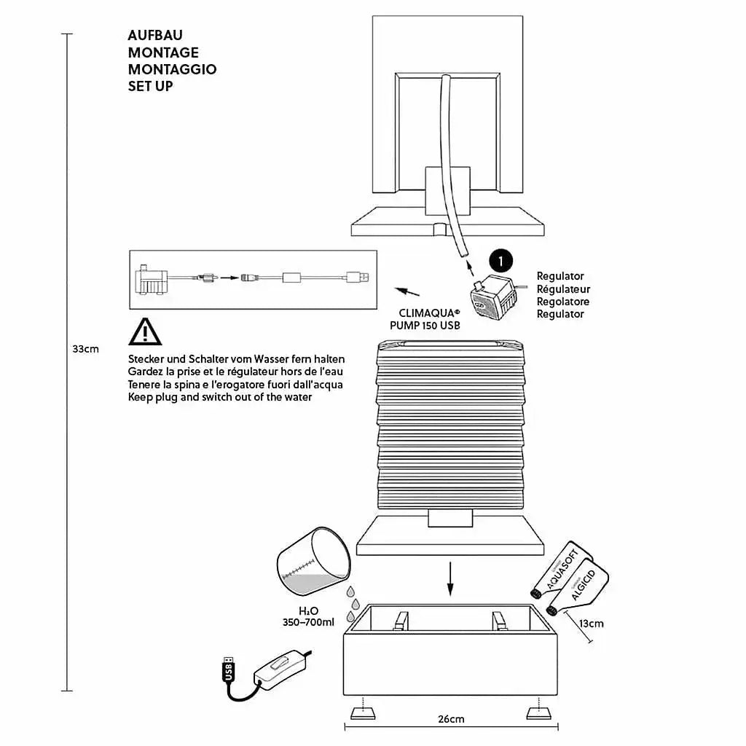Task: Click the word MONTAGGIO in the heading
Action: point(172,69)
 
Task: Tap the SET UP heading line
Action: point(150,86)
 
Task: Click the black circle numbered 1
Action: point(500,260)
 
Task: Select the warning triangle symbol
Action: point(145,331)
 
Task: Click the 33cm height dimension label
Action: point(85,349)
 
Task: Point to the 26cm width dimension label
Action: point(451,719)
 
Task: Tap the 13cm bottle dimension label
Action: point(592,624)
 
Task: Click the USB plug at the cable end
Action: point(229,669)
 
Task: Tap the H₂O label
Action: point(309,610)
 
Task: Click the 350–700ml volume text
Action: point(308,622)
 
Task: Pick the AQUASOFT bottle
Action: point(565,569)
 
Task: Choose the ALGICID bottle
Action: point(581,586)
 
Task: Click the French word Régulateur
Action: point(563,289)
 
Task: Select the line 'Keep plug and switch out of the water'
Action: point(219,397)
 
